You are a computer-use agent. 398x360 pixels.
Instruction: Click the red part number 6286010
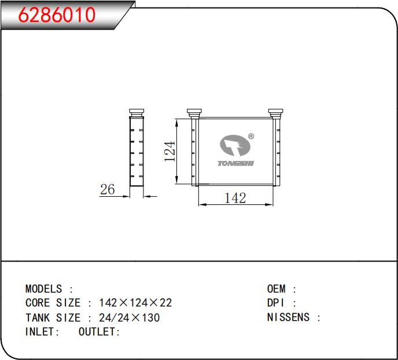point(57,14)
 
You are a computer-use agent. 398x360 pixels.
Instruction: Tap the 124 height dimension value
point(170,151)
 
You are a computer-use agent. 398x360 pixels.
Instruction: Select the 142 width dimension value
point(235,198)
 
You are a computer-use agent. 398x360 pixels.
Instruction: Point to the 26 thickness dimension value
point(108,189)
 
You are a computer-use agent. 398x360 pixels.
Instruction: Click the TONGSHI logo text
point(236,163)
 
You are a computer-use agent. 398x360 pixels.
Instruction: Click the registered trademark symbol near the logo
point(251,137)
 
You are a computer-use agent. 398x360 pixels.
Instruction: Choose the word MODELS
point(43,289)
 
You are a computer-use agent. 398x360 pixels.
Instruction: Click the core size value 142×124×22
point(135,303)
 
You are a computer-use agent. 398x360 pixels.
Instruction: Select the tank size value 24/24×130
point(130,317)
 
